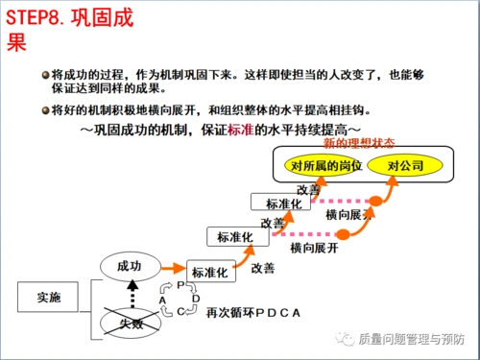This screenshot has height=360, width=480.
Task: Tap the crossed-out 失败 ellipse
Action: tap(129, 324)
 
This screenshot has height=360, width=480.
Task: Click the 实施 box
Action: tap(48, 298)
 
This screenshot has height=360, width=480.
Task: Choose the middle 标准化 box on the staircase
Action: tap(235, 236)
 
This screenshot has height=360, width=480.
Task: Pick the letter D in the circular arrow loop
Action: tap(196, 298)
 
